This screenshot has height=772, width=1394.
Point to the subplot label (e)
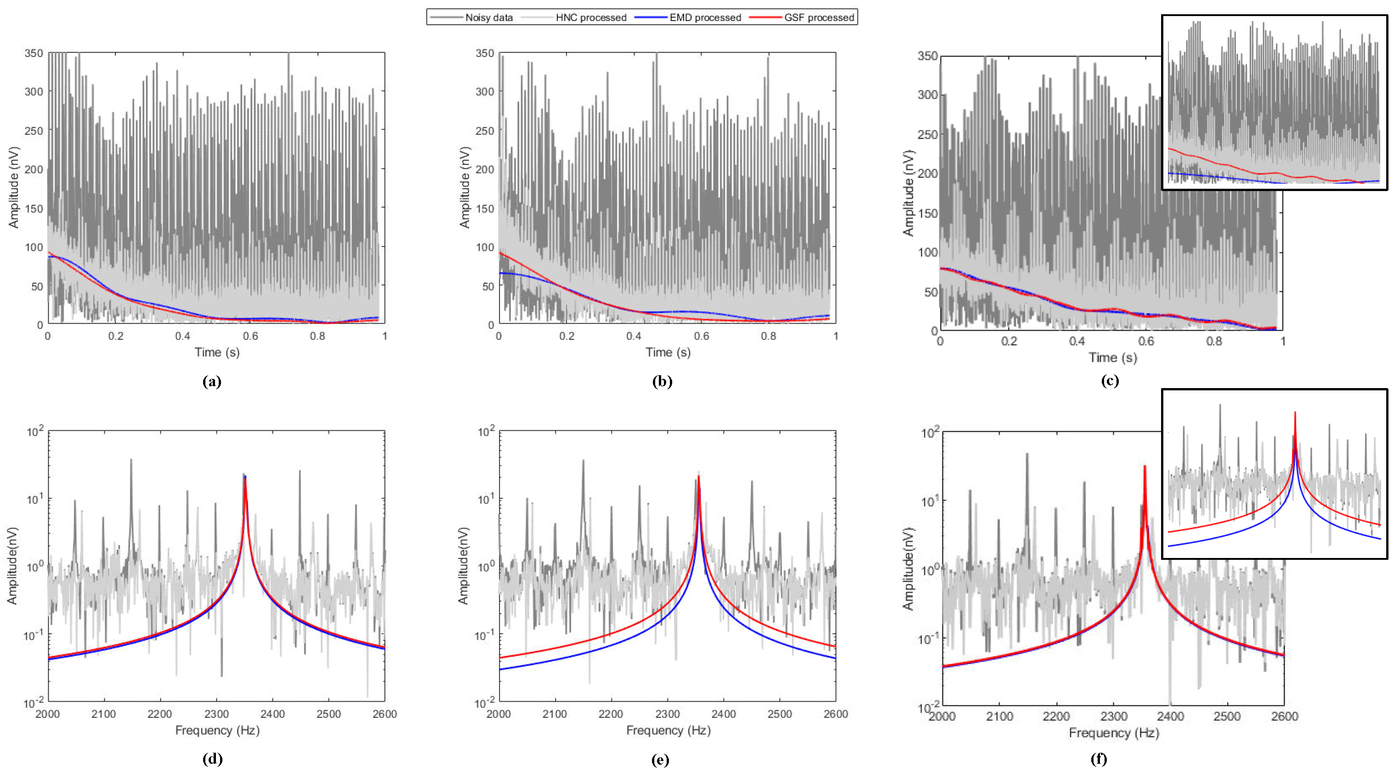[x=661, y=760]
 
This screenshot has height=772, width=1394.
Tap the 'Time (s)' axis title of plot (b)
[x=668, y=353]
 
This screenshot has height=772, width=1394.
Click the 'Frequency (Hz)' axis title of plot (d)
[x=217, y=730]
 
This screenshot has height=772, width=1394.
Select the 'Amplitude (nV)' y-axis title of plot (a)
[x=13, y=187]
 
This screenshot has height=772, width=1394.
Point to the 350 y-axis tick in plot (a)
[x=34, y=53]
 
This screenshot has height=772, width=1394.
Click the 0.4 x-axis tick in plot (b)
[x=634, y=336]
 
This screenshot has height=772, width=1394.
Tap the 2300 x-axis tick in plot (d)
[x=216, y=714]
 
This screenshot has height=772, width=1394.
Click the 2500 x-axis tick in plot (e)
[x=779, y=714]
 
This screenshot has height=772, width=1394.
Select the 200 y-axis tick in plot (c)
[x=927, y=173]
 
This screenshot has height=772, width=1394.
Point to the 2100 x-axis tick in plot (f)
[x=999, y=716]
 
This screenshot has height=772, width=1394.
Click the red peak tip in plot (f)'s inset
[x=1295, y=413]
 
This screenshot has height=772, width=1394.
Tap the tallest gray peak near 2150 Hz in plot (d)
[x=130, y=460]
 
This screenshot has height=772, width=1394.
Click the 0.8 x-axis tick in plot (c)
[x=1214, y=341]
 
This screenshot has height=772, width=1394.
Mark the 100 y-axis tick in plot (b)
[x=485, y=247]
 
